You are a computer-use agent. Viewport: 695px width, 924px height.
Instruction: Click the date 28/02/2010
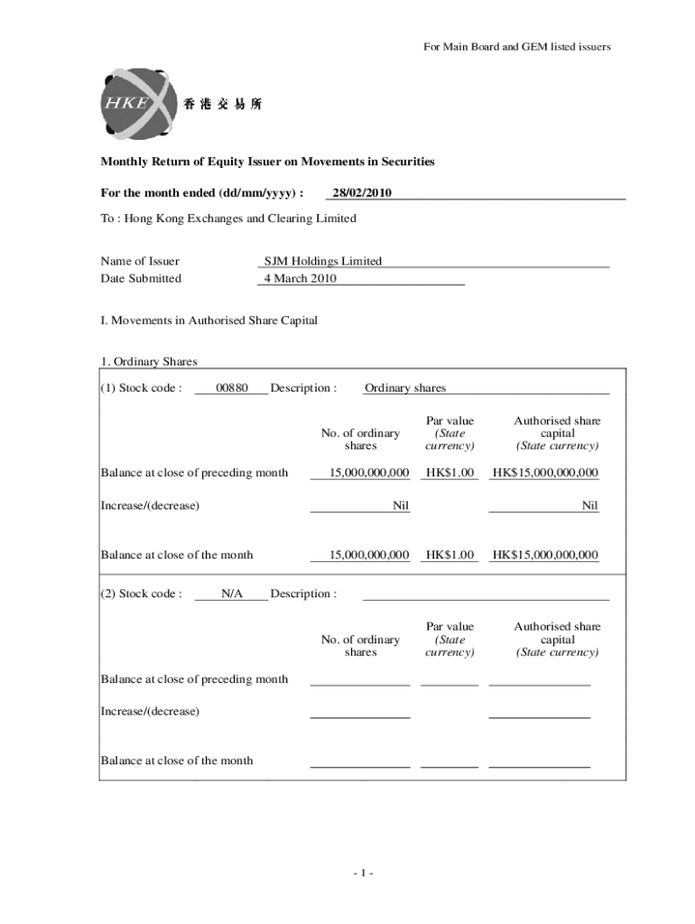tap(362, 193)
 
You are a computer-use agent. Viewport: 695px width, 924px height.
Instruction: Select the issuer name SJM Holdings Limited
tap(323, 262)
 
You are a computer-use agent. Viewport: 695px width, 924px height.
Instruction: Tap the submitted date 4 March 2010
tap(300, 279)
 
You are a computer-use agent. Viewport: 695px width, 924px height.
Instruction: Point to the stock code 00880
tap(232, 388)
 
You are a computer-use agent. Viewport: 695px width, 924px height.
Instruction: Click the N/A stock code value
tap(232, 594)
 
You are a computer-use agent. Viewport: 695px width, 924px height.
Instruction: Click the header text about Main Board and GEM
tap(517, 47)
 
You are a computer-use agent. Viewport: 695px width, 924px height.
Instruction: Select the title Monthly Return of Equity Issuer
tap(267, 162)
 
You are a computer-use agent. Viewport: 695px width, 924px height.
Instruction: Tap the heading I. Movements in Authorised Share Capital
tap(208, 320)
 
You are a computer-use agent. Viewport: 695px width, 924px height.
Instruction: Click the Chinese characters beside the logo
tap(222, 105)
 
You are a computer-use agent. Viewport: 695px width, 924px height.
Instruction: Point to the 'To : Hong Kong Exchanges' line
tap(228, 218)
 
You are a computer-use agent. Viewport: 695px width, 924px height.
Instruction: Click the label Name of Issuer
tap(140, 262)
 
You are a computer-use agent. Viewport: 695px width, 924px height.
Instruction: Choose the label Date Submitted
tap(141, 279)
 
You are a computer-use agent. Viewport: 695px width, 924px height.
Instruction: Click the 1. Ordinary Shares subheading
tap(149, 362)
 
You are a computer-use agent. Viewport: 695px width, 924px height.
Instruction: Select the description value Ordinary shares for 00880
tap(405, 388)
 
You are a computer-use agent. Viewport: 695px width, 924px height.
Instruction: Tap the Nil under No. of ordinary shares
tap(401, 505)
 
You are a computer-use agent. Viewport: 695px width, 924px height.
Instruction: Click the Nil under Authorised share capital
tap(589, 505)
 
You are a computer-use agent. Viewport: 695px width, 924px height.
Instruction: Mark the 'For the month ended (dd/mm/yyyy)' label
tap(201, 193)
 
